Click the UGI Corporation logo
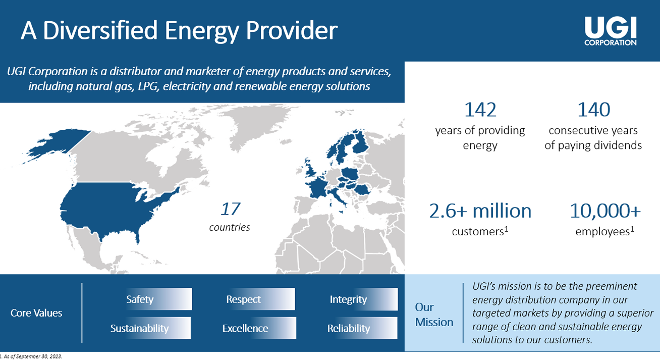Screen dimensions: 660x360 pyautogui.click(x=610, y=31)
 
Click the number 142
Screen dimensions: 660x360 pyautogui.click(x=480, y=110)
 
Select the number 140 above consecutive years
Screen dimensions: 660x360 pyautogui.click(x=593, y=110)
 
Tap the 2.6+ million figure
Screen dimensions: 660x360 pyautogui.click(x=480, y=211)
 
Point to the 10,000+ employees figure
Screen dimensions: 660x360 pyautogui.click(x=605, y=211)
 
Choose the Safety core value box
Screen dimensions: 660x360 pyautogui.click(x=159, y=299)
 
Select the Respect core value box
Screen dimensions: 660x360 pyautogui.click(x=260, y=299)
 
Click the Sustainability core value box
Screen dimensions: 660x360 pyautogui.click(x=150, y=328)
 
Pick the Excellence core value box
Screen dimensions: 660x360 pyautogui.click(x=259, y=328)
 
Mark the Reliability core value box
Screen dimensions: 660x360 pyautogui.click(x=362, y=328)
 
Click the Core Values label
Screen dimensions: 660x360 pyautogui.click(x=36, y=313)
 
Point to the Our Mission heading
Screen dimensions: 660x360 pyautogui.click(x=434, y=315)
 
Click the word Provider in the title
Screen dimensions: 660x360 pyautogui.click(x=292, y=30)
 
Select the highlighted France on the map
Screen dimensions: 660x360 pyautogui.click(x=317, y=187)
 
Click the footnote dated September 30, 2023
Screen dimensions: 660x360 pyautogui.click(x=31, y=356)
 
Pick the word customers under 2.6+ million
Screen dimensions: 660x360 pyautogui.click(x=478, y=232)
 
